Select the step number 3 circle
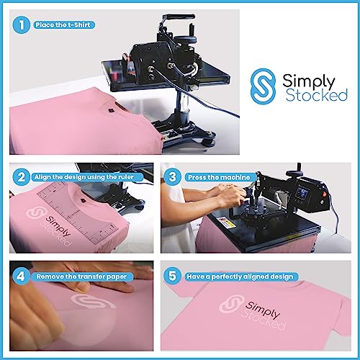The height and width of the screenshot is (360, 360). pyautogui.click(x=173, y=176)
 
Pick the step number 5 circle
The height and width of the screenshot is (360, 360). pyautogui.click(x=173, y=274)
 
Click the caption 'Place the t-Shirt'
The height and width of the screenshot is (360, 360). pyautogui.click(x=63, y=24)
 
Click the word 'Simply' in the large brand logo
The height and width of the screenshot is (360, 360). pyautogui.click(x=305, y=76)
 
